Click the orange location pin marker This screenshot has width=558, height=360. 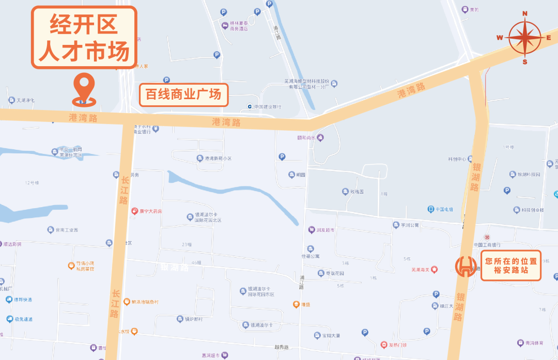(84, 89)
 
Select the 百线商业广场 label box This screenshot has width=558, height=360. (183, 95)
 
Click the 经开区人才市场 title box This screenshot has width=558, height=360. (84, 37)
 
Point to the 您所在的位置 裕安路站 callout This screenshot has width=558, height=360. (510, 265)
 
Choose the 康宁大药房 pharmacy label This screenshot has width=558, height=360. (150, 211)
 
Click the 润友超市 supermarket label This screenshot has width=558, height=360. (325, 230)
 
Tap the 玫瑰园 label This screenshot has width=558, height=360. (357, 192)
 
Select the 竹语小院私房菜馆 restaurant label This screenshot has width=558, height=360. (85, 265)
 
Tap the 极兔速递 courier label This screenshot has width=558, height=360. (23, 319)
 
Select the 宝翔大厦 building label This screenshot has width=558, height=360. (331, 336)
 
